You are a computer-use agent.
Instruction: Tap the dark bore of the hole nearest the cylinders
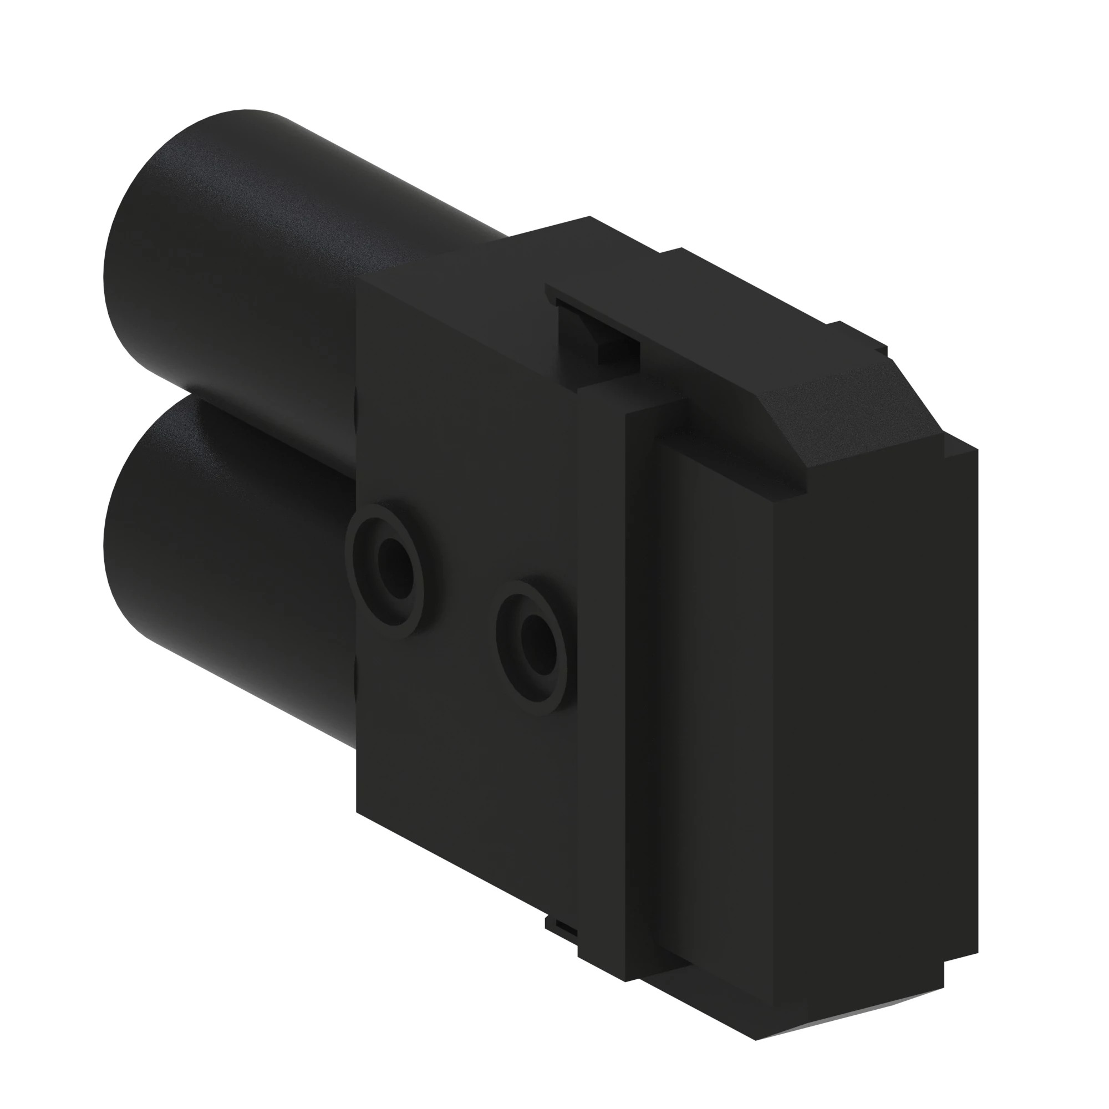tap(395, 559)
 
